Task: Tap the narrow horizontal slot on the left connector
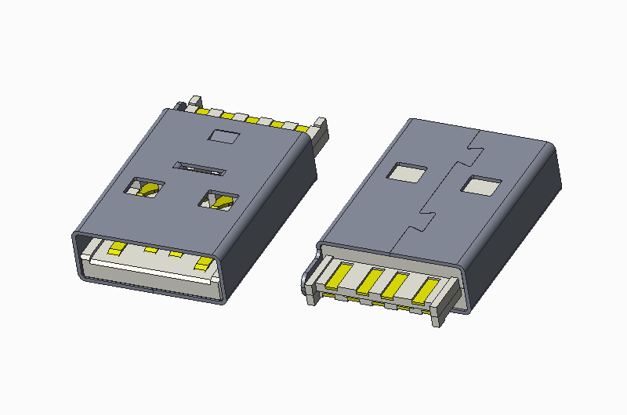pos(200,167)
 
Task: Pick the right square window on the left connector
pos(217,200)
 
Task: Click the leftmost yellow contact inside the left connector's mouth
pos(117,249)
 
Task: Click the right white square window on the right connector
pos(480,186)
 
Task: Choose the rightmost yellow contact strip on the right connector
pos(423,290)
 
